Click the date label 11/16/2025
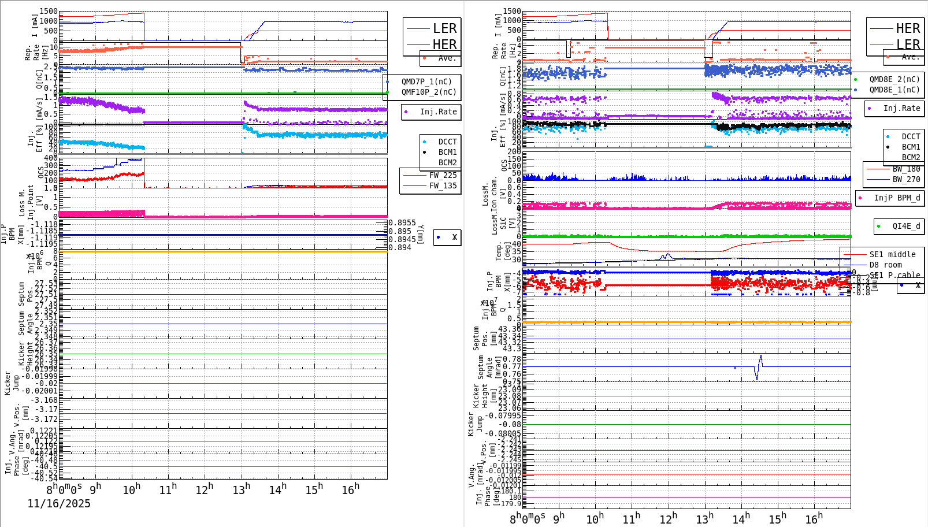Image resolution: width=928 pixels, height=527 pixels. (59, 504)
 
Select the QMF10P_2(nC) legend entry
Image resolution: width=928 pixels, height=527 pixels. (428, 92)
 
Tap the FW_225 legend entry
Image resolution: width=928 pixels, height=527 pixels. (442, 175)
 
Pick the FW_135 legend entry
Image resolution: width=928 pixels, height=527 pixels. (442, 185)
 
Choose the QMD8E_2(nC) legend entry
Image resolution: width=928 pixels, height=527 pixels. (894, 79)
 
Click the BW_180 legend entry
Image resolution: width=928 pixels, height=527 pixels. (905, 169)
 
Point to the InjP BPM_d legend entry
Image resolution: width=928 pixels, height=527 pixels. (896, 198)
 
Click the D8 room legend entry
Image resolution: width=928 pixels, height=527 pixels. (892, 265)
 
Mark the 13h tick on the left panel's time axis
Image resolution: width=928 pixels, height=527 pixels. (242, 489)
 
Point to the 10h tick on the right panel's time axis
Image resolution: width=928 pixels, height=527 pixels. (595, 518)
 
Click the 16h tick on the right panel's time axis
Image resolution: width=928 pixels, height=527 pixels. (814, 518)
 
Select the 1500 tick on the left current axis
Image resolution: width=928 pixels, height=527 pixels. (49, 12)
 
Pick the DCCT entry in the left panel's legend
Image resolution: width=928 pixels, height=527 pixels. (447, 142)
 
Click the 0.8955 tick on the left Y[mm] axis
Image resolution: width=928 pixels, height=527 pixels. (402, 222)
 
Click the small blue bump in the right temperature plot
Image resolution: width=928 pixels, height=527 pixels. (667, 255)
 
